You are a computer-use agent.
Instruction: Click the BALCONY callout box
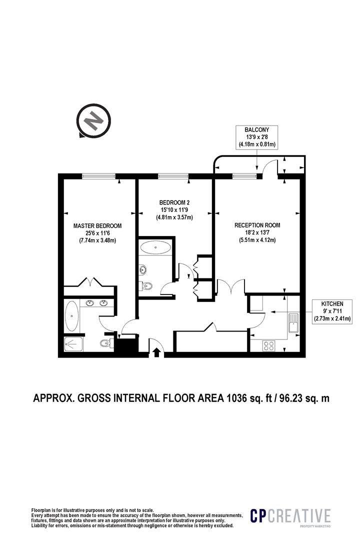257,137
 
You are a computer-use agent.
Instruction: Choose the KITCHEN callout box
332,311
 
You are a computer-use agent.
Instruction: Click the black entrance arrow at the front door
156,352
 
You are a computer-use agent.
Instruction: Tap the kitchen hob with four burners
269,344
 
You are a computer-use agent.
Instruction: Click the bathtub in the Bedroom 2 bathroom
156,247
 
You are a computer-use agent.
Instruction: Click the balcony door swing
269,168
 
